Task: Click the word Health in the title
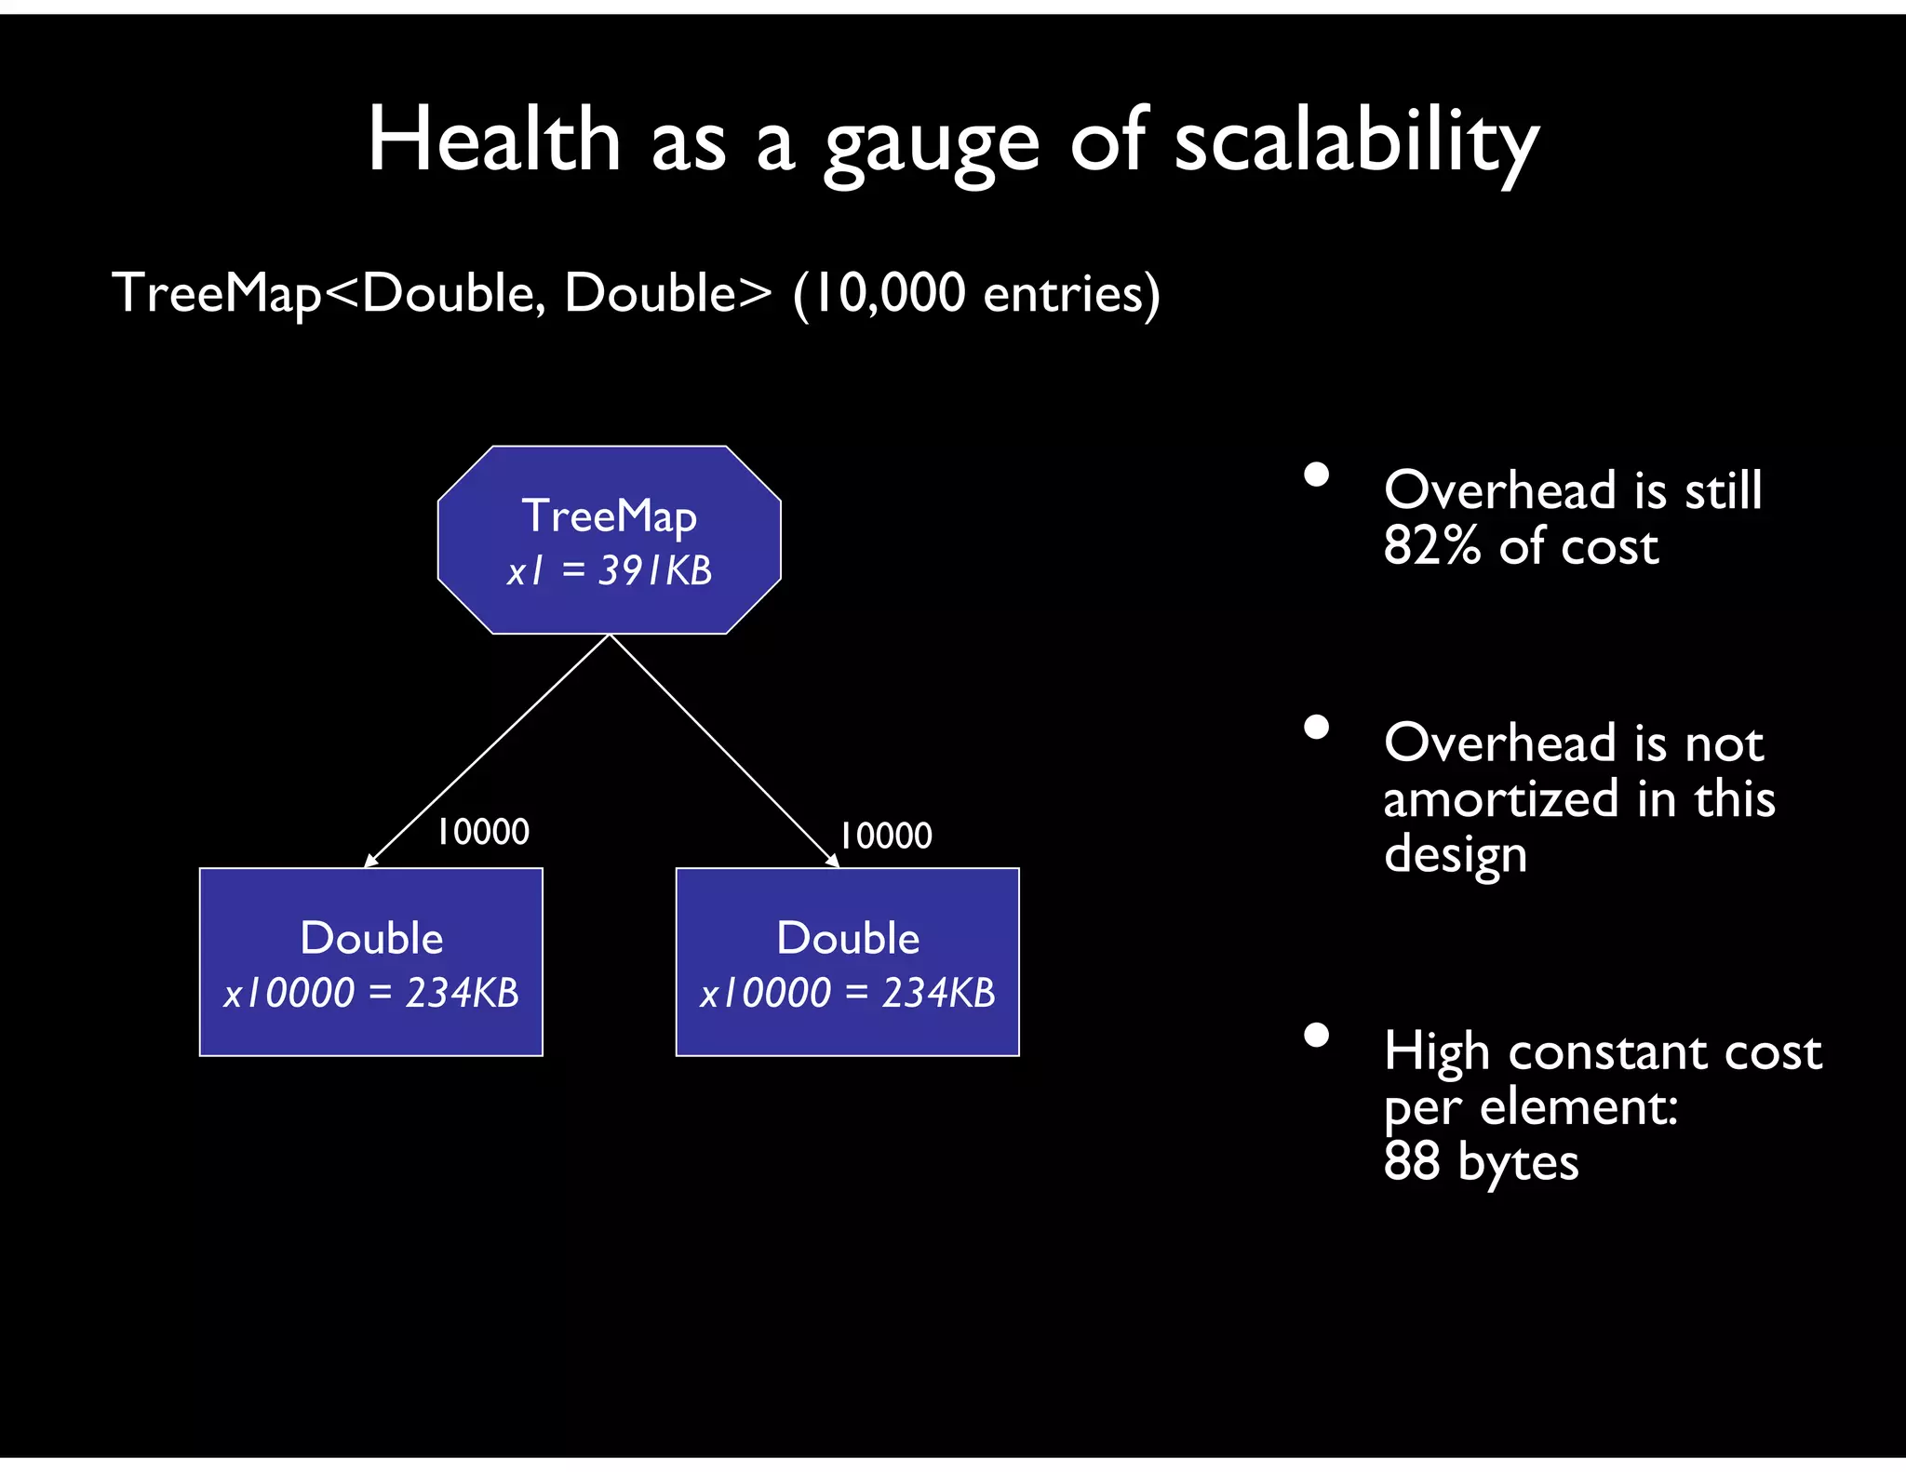(x=493, y=141)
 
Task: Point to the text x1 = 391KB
(x=610, y=570)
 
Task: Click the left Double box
(x=370, y=961)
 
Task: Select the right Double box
(x=847, y=961)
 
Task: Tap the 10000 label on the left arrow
(x=483, y=832)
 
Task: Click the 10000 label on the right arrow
(x=885, y=836)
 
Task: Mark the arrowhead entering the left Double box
(x=369, y=862)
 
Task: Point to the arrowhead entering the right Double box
(x=834, y=863)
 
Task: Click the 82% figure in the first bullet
(x=1430, y=546)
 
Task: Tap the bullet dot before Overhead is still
(x=1316, y=475)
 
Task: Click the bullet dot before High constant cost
(x=1316, y=1036)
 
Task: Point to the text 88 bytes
(x=1481, y=1161)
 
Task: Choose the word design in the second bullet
(x=1455, y=855)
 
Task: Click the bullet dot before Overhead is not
(x=1316, y=727)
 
